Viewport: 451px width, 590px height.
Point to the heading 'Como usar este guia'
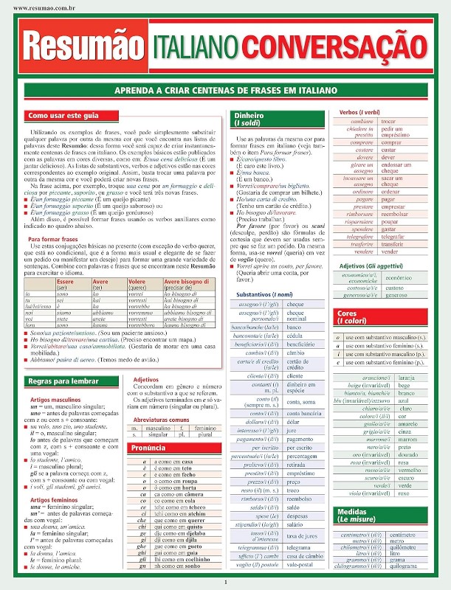point(63,117)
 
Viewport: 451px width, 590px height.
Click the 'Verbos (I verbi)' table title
point(359,112)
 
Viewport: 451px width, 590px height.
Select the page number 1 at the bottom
point(225,582)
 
